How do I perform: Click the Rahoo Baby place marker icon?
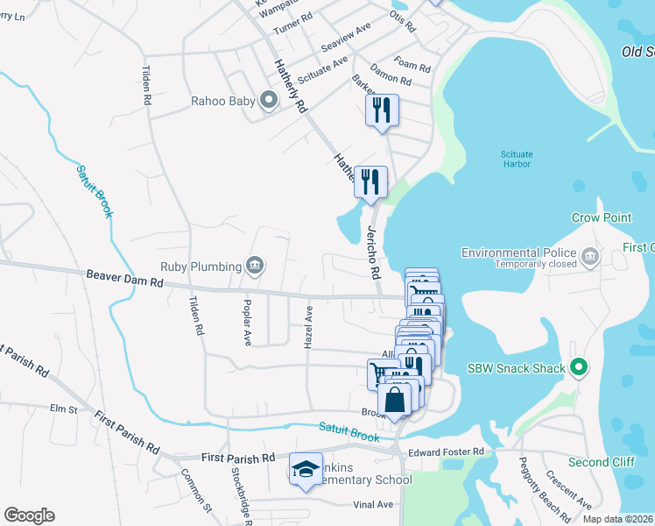tap(269, 102)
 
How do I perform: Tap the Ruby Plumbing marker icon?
tap(256, 265)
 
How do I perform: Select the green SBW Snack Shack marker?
tap(578, 368)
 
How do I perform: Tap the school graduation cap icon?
tap(306, 470)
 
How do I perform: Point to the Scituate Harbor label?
tap(517, 159)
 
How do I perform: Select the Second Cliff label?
tap(599, 462)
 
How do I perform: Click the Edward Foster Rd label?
tap(447, 451)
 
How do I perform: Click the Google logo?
tap(29, 515)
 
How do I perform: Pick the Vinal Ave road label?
tap(373, 505)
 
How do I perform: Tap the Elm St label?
tap(64, 409)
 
